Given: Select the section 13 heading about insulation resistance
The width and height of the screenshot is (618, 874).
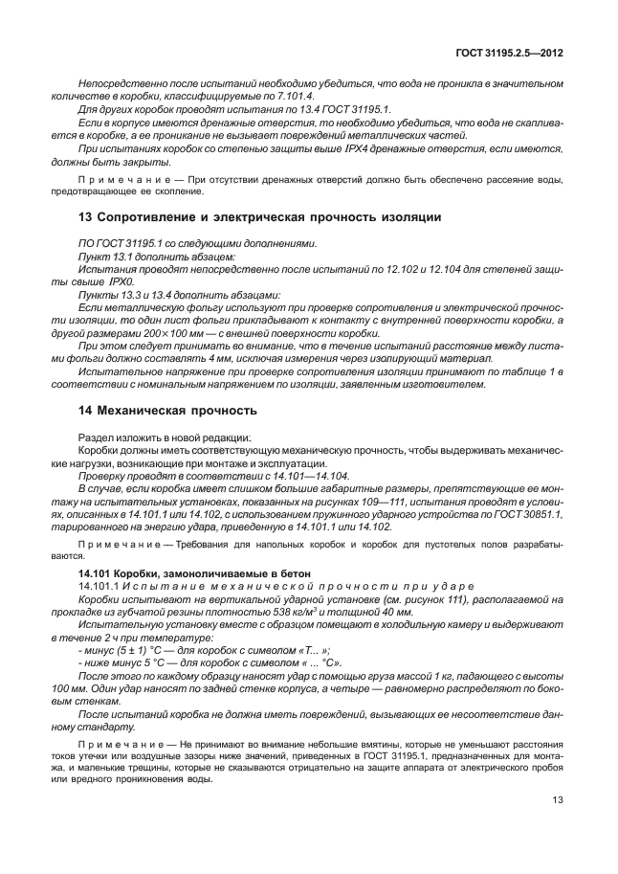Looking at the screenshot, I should [x=258, y=217].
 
